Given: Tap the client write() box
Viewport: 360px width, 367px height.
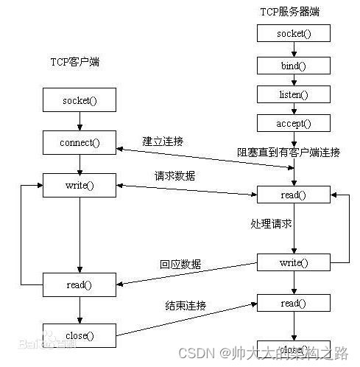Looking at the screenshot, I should tap(79, 185).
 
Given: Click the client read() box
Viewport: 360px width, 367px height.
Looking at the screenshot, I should tap(79, 284).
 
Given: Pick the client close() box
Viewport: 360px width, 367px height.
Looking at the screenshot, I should tap(79, 335).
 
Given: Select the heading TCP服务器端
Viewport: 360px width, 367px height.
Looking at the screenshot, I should tap(290, 13).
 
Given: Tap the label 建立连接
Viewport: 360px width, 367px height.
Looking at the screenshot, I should tap(163, 141).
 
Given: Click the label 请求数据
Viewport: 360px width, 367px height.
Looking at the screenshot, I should tap(174, 176).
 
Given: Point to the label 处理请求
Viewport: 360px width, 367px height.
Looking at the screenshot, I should tap(271, 222).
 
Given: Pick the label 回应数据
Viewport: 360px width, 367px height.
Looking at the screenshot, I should tap(180, 264).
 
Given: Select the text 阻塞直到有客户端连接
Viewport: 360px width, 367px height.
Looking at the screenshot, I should tap(288, 153).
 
